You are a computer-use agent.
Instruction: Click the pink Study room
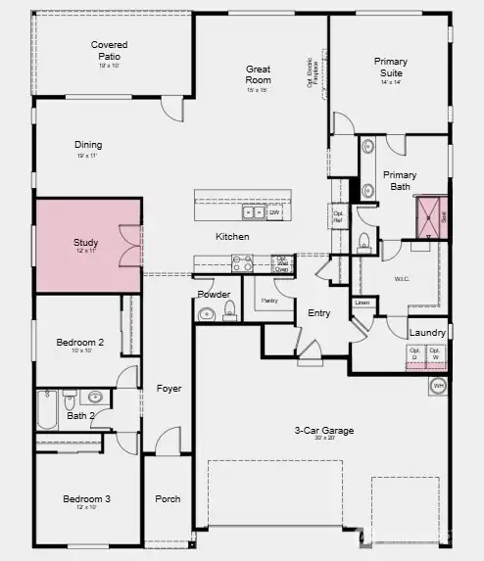[x=88, y=245]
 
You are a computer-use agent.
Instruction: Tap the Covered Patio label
[x=109, y=50]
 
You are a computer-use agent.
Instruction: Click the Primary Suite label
[x=391, y=67]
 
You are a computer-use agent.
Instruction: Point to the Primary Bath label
[x=399, y=181]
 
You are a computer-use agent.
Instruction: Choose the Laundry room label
[x=428, y=333]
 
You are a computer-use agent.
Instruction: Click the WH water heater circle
[x=438, y=386]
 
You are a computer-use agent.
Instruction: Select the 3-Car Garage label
[x=323, y=431]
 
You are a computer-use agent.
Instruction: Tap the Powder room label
[x=214, y=295]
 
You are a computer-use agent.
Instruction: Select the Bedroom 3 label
[x=86, y=499]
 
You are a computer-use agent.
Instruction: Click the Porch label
[x=168, y=499]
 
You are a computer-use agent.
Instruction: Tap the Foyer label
[x=169, y=389]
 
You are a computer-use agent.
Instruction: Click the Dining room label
[x=88, y=146]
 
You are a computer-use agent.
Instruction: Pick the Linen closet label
[x=362, y=304]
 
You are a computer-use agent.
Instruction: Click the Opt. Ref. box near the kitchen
[x=339, y=215]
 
